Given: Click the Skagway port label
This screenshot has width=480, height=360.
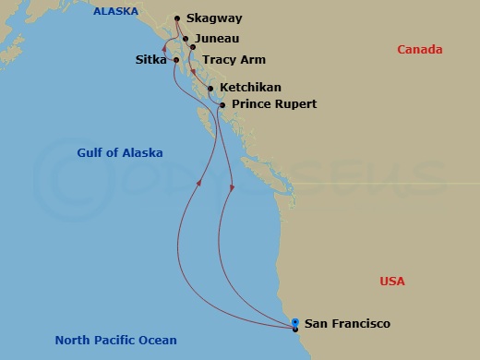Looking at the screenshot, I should pos(213,18).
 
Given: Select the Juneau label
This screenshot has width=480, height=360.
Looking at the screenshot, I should pos(217,40).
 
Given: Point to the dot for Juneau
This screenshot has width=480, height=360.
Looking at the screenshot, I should pos(186,40).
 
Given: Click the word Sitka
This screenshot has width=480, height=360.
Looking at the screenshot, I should pos(151,60).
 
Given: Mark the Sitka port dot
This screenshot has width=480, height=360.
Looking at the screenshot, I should pos(175,60).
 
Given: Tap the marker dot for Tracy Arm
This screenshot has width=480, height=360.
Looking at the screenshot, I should pos(192,46).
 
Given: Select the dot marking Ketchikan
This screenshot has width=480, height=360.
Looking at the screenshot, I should pos(211,89).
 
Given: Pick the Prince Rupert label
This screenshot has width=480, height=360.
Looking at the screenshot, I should pos(273,104).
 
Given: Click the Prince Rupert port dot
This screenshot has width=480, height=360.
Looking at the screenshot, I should pos(222,105).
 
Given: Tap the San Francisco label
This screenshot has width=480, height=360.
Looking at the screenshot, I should pos(347,324).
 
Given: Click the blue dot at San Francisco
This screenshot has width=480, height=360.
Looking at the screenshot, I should pos(294,322).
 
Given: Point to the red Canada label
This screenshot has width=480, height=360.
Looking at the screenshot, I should pos(420,50).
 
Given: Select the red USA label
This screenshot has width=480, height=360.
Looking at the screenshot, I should pos(392,282).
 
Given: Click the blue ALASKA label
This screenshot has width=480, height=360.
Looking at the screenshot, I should pos(114,12).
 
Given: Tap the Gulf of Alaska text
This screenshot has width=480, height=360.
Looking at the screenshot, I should pos(109,152).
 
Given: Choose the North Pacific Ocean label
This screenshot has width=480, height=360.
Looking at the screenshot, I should pos(115,340).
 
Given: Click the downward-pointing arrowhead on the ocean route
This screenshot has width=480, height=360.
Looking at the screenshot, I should pos(231,188).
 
